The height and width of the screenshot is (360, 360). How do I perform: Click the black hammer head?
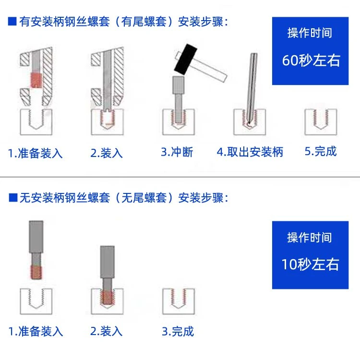point(185,59)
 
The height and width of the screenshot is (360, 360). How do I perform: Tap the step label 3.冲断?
point(177,152)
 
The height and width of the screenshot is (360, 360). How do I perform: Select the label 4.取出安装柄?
point(250,152)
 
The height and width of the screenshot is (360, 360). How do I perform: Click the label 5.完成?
point(321,151)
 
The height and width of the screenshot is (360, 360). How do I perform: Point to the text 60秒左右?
point(311,60)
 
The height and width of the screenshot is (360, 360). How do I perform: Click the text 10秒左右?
point(310,264)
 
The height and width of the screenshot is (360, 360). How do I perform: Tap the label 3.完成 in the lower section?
point(178,331)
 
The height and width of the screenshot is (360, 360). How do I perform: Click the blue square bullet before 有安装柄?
point(12,21)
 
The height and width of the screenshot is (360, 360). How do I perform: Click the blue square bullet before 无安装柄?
point(13,197)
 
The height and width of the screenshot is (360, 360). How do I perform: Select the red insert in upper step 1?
point(36,80)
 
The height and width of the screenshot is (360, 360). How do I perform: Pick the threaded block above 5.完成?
point(321,122)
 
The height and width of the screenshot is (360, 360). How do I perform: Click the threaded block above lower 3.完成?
point(179,301)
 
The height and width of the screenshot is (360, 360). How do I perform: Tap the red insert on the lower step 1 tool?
point(36,272)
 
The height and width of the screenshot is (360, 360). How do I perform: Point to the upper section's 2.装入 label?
point(107,153)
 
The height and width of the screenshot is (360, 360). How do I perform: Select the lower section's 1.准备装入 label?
point(36,332)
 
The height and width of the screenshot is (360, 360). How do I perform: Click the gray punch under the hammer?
point(179,99)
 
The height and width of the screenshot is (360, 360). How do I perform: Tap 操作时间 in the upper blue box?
point(310,33)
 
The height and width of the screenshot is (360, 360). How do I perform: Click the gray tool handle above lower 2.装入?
point(107,262)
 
